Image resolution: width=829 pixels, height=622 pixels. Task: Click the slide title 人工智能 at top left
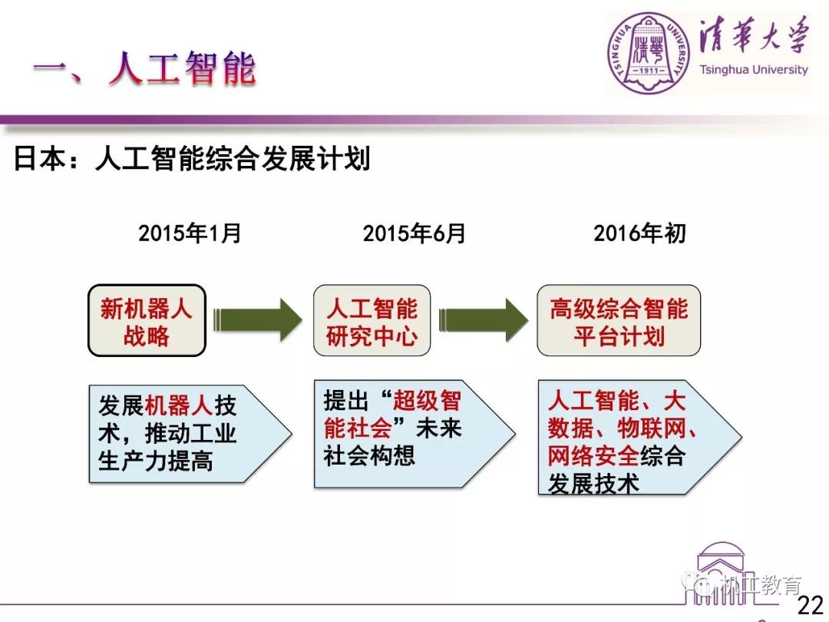(183, 69)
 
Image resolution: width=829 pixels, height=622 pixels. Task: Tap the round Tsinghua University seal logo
(649, 54)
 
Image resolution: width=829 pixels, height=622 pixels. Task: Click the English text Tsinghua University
(754, 70)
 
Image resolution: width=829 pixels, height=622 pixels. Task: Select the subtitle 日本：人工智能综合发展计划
(191, 158)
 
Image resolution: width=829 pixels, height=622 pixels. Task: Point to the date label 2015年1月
(190, 233)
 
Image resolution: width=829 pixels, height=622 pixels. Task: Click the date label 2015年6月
(414, 233)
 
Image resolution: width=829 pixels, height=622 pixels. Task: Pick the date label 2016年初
(639, 233)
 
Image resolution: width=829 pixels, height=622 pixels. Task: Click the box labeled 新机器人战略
(147, 320)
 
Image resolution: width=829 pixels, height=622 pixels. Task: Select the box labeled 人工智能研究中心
(372, 320)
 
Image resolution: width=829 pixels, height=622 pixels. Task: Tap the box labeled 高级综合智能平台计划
(619, 320)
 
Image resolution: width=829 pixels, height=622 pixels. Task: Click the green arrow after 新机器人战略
(257, 320)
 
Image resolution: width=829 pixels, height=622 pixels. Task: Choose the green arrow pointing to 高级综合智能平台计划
(484, 320)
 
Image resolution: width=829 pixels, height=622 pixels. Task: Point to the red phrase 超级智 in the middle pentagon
(427, 400)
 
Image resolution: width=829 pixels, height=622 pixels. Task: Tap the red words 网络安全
(593, 455)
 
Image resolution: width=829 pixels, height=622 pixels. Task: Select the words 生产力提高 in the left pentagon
(155, 461)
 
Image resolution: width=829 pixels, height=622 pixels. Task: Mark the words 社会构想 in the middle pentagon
(369, 455)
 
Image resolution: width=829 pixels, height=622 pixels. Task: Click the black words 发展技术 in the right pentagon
(593, 483)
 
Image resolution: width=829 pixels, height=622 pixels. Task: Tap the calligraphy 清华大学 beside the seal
(755, 35)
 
